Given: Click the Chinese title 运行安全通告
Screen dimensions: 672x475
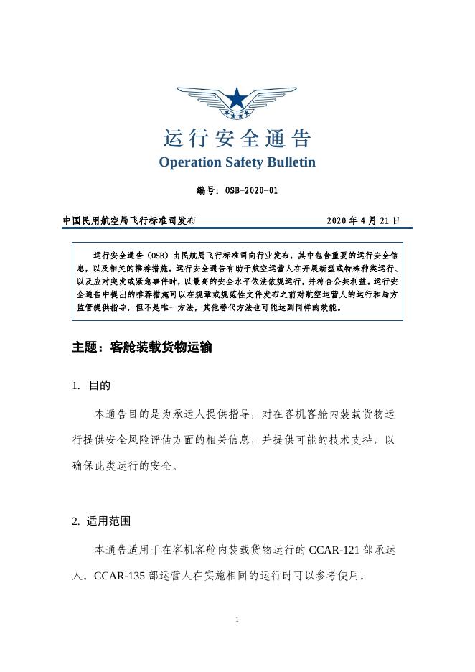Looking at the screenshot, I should (237, 138).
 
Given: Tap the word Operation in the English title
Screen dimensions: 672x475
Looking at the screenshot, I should (190, 162).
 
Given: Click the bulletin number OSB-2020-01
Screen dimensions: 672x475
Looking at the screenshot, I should (251, 191).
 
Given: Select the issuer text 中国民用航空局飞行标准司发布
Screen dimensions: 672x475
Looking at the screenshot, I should (129, 220).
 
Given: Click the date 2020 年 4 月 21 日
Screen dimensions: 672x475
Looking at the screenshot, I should (363, 220).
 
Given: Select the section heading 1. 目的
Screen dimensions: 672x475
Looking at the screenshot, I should (91, 386).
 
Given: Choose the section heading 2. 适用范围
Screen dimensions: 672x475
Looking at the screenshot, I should (100, 521).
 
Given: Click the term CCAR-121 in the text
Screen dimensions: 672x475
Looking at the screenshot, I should (334, 551).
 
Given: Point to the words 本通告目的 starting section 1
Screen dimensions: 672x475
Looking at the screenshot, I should (123, 415).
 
